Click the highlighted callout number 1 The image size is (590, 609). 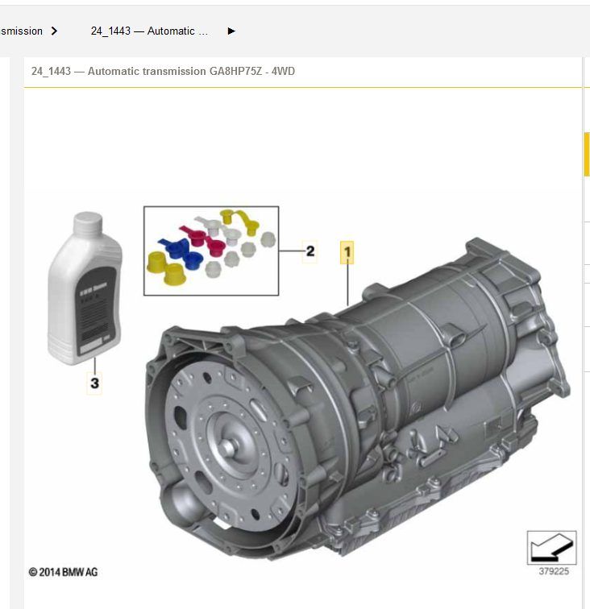pyautogui.click(x=347, y=253)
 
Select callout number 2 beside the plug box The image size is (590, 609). pyautogui.click(x=310, y=251)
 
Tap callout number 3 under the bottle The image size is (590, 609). pyautogui.click(x=94, y=383)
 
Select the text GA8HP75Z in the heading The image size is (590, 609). pyautogui.click(x=234, y=72)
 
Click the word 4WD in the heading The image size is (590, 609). pyautogui.click(x=284, y=72)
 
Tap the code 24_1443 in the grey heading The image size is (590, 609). pyautogui.click(x=51, y=72)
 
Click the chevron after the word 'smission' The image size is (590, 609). pyautogui.click(x=54, y=31)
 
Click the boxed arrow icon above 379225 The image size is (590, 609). pyautogui.click(x=551, y=549)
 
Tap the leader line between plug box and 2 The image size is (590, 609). pyautogui.click(x=290, y=251)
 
